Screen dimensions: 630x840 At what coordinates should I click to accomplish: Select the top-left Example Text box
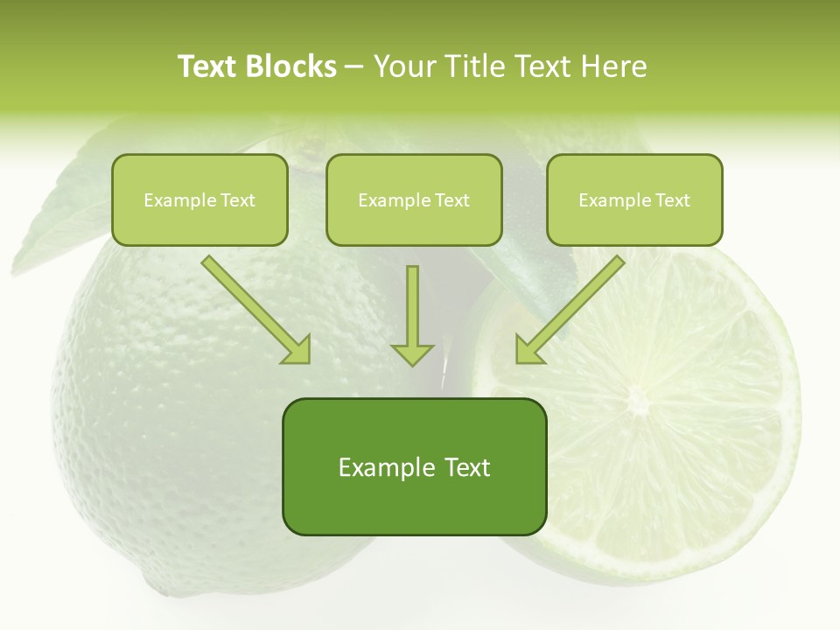pos(199,200)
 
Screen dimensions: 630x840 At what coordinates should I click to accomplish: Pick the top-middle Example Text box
pos(414,200)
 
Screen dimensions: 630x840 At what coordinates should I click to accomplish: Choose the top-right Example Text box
pos(634,200)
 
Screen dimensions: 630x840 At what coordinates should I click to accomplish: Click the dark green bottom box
pos(414,467)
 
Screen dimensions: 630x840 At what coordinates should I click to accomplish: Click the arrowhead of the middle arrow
pos(412,353)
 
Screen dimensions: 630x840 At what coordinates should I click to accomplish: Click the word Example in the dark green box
pos(374,467)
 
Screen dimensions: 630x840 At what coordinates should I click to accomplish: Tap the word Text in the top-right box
pos(672,200)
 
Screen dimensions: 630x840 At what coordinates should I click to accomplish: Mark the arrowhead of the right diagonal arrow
pos(528,349)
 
